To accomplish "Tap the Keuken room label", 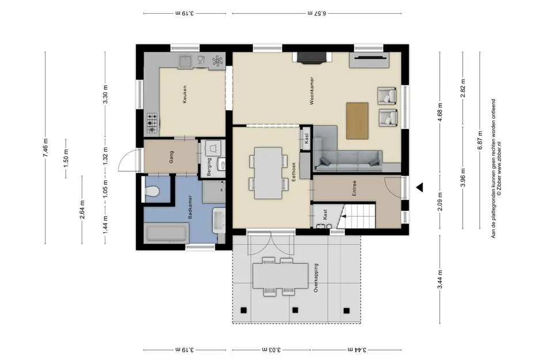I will click(184, 94).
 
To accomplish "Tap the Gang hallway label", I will click(172, 157).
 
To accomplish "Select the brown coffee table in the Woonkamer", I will click(357, 120).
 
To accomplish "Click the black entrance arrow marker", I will click(420, 187).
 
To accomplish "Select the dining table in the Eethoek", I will click(268, 171).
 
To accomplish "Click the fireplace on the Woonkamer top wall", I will click(312, 56).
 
